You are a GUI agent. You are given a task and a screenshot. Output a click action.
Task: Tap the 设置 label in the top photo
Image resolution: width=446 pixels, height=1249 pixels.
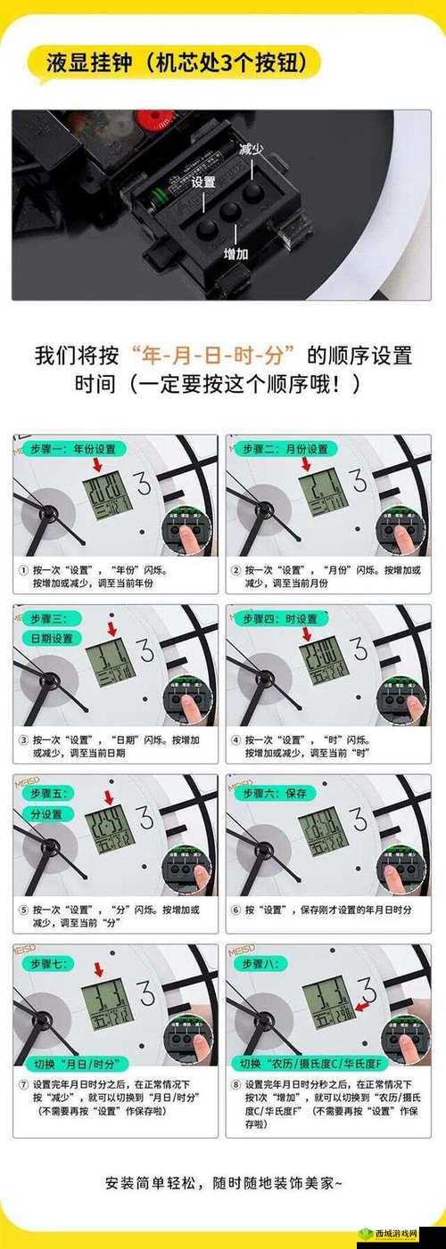pos(203,182)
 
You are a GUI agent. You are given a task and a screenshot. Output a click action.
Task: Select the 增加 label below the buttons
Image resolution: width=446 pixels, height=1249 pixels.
pos(235,255)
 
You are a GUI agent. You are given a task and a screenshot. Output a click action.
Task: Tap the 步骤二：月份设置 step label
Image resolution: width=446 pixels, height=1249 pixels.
pos(283,450)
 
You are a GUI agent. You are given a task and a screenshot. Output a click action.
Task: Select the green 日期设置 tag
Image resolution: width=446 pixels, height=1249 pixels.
pos(51,639)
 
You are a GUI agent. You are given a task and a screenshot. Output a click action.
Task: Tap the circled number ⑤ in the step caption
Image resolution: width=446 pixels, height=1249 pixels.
pos(23,910)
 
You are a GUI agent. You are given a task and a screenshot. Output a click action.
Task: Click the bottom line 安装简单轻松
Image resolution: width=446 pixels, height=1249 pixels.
pos(222,1183)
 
